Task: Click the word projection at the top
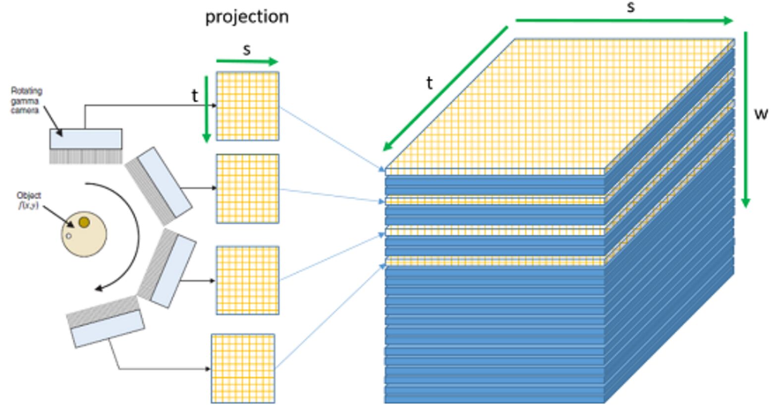(x=247, y=17)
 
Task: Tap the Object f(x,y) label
(x=29, y=200)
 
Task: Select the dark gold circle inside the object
(x=84, y=222)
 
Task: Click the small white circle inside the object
(x=69, y=236)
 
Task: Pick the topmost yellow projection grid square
(x=248, y=106)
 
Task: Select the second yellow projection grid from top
(x=248, y=188)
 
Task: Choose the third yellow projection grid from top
(x=248, y=280)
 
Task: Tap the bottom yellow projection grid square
(x=243, y=368)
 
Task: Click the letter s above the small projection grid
(x=247, y=50)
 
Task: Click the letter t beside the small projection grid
(x=195, y=96)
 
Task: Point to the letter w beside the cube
(x=761, y=114)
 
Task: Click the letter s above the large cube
(x=630, y=7)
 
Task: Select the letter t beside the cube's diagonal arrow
(x=429, y=83)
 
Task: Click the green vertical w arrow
(x=745, y=119)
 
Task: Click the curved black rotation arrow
(x=130, y=238)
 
